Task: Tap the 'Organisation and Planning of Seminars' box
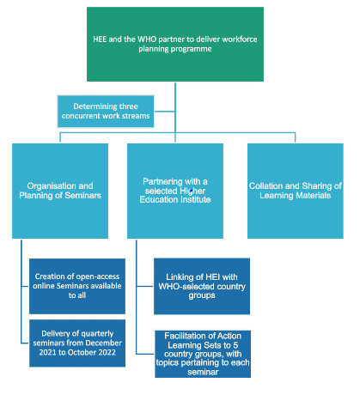coord(59,191)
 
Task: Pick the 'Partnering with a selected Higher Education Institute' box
coord(175,191)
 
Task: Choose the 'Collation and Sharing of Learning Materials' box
coord(295,191)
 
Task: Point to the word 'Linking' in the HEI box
coord(179,276)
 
